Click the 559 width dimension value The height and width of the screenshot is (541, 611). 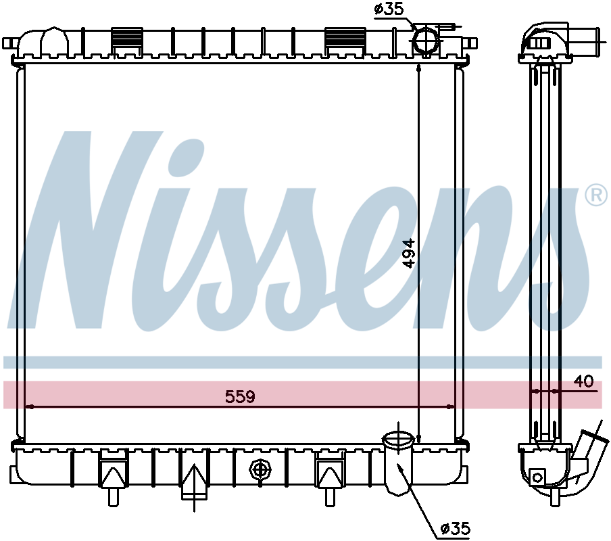point(240,396)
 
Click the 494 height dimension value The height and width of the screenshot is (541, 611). point(409,254)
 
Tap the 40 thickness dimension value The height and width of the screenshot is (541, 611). point(584,381)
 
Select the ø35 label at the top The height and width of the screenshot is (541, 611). point(389,9)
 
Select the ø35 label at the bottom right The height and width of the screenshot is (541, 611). point(456,529)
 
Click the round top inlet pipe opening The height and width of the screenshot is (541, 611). point(426,40)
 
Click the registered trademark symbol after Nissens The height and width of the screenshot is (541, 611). point(596,195)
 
